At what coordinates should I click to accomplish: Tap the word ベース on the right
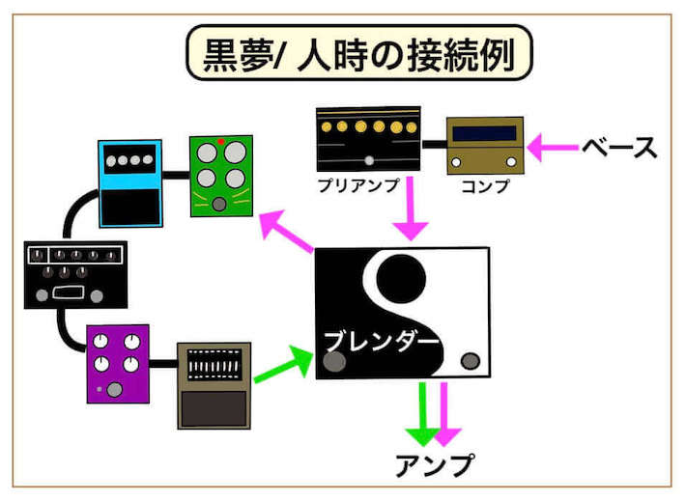click(x=619, y=148)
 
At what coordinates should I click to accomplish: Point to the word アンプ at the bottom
click(x=436, y=465)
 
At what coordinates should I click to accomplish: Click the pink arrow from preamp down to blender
click(x=412, y=209)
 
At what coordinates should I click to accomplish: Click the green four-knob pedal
click(x=220, y=174)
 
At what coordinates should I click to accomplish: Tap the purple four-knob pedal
click(x=118, y=363)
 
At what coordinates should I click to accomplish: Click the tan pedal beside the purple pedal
click(x=214, y=385)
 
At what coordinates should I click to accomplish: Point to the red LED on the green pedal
click(x=221, y=141)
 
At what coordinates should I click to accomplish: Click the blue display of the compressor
click(x=484, y=132)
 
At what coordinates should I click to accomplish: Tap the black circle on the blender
click(x=400, y=277)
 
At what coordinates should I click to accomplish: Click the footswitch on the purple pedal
click(x=115, y=390)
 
